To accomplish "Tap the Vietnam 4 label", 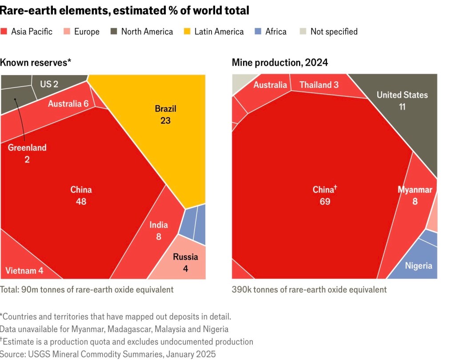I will click(25, 271).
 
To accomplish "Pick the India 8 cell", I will click(158, 230).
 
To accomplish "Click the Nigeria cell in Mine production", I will click(418, 265).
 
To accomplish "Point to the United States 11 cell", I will click(402, 100).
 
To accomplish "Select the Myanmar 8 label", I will click(415, 195).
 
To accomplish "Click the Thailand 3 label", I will click(319, 85).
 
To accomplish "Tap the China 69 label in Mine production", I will click(324, 195).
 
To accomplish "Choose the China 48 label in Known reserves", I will click(81, 195).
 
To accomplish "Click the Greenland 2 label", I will click(27, 153).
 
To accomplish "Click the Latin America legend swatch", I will click(187, 32).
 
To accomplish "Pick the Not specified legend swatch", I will click(303, 32).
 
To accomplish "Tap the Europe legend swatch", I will click(67, 32).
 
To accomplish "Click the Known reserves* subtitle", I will click(36, 63).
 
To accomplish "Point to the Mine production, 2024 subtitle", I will click(280, 63).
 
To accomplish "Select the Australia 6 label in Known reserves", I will click(68, 104).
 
